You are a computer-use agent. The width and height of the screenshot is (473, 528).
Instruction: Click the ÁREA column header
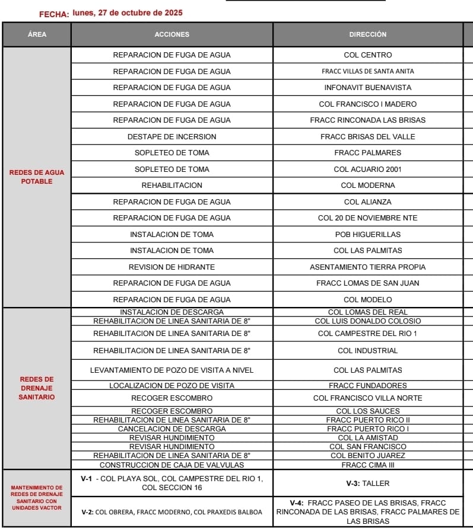tap(37, 34)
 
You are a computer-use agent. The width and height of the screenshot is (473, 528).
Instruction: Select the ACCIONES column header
tap(172, 34)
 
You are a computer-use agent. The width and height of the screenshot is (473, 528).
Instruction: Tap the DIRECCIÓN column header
tap(368, 34)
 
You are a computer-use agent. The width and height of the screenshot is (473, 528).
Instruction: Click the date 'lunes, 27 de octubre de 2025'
tap(128, 12)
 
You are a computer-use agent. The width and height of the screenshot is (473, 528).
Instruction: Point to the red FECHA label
tap(54, 14)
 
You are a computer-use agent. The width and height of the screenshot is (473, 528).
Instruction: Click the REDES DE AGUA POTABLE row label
tap(37, 177)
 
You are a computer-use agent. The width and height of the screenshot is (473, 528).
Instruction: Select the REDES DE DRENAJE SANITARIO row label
tap(37, 388)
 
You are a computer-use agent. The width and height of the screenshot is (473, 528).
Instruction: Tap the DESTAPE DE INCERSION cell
tap(172, 136)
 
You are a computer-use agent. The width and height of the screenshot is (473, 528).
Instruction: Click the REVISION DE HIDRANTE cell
tap(172, 267)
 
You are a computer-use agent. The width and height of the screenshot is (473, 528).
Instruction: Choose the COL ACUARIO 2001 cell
tap(368, 169)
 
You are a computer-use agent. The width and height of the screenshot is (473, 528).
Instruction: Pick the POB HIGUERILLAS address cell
tap(368, 234)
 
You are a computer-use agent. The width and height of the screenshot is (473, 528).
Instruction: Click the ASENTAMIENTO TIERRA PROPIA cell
tap(368, 267)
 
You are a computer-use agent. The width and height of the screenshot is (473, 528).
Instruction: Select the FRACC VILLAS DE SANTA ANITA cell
tap(368, 71)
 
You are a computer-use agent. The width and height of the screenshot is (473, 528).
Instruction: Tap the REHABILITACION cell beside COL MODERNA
tap(172, 185)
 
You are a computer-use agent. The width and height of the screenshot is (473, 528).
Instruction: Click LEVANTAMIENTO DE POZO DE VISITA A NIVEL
tap(172, 370)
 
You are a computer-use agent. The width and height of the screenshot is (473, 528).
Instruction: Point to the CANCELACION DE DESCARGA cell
tap(172, 428)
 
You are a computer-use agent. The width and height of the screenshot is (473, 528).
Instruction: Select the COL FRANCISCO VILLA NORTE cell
tap(368, 398)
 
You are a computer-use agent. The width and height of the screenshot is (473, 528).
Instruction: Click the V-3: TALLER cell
tap(368, 484)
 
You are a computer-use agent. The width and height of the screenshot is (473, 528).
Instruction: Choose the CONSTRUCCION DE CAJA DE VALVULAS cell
tap(172, 465)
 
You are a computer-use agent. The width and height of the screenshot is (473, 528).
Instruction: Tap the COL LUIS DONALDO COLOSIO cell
tap(368, 321)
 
